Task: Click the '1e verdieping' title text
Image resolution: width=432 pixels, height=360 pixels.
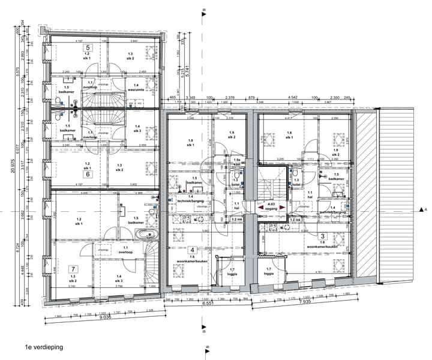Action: click(x=43, y=347)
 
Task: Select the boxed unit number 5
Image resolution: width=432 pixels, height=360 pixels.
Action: click(x=88, y=47)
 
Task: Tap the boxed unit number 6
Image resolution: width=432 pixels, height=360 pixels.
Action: click(x=88, y=174)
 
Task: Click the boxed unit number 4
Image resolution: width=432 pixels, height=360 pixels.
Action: click(x=191, y=250)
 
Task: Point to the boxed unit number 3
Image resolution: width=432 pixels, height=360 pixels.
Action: click(x=322, y=236)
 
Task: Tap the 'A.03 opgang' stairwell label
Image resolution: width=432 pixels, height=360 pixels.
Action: click(x=271, y=207)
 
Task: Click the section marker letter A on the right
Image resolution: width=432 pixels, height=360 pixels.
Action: click(x=425, y=211)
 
